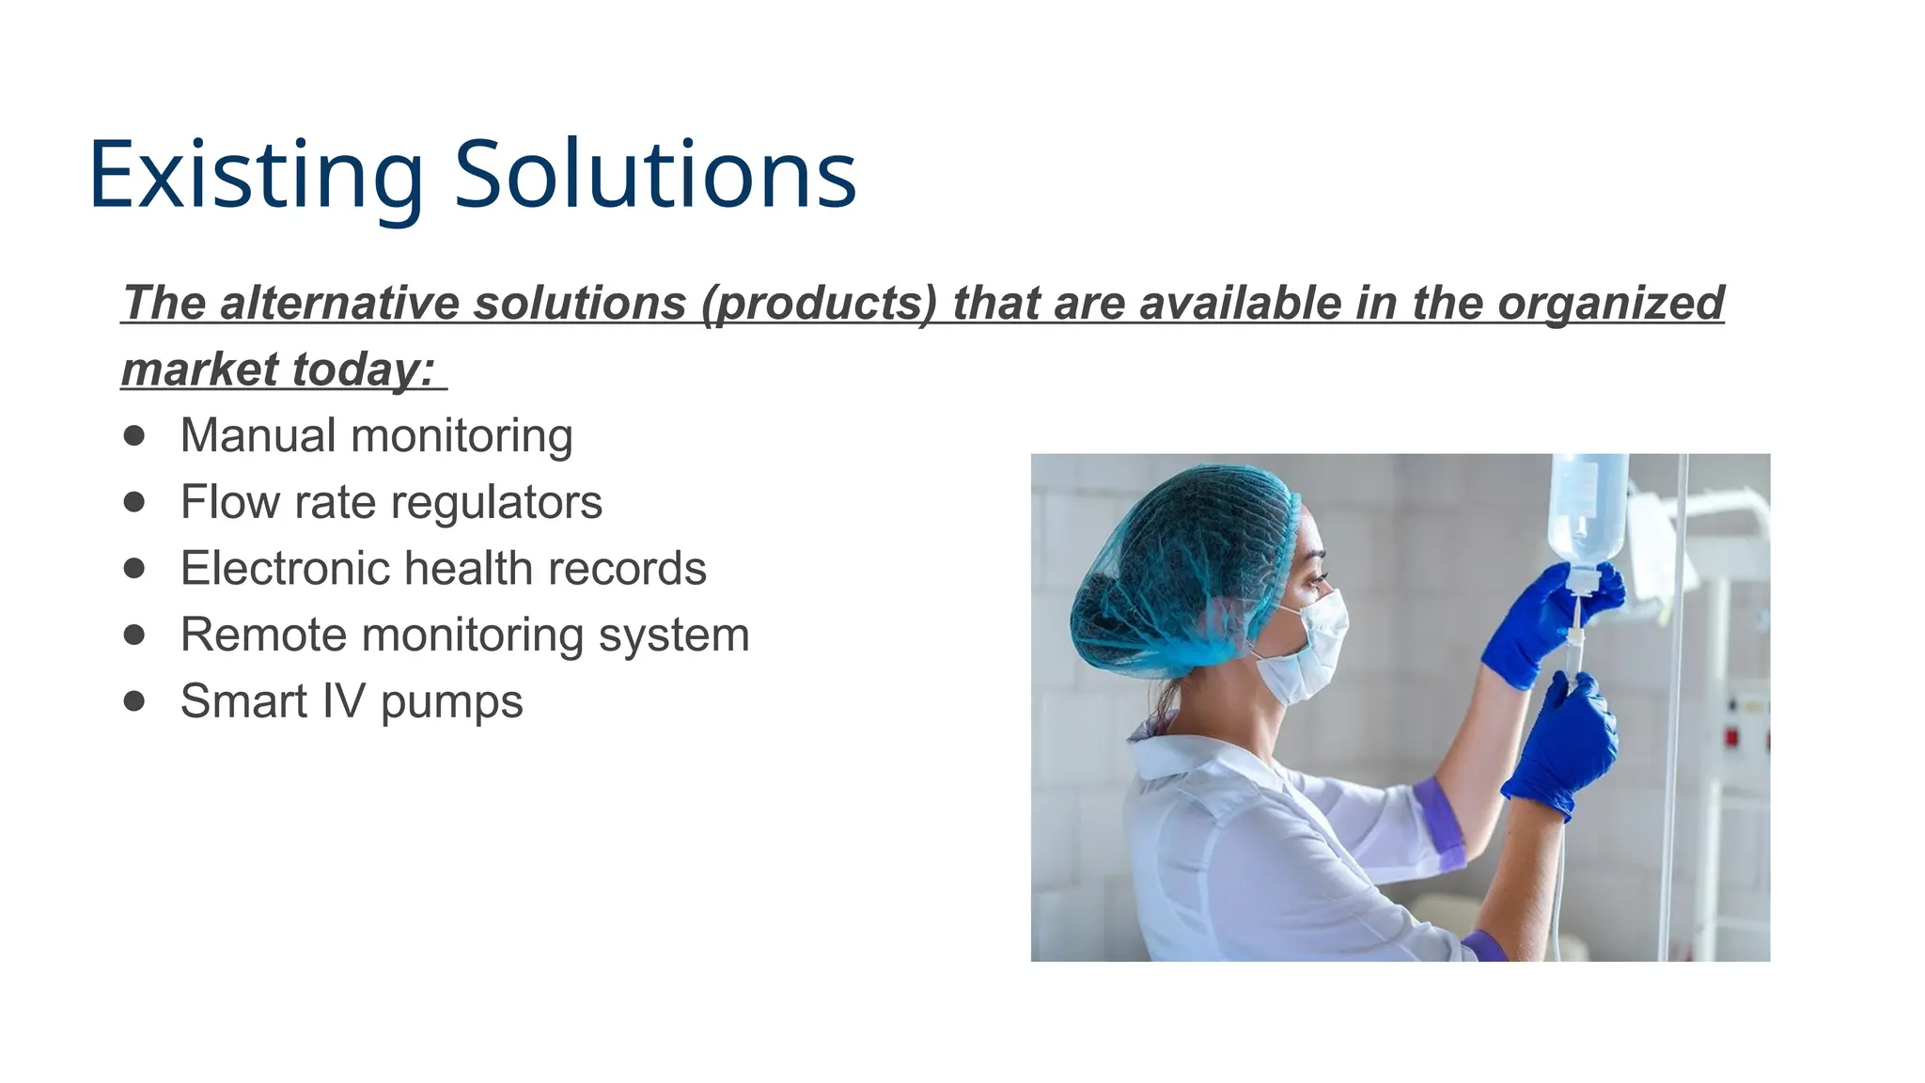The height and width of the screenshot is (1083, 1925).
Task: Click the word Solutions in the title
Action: (655, 177)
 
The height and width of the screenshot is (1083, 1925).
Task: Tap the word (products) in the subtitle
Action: (819, 304)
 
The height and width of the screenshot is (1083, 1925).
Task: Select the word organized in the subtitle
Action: (1610, 304)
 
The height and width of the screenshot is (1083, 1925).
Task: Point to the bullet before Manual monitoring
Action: (134, 435)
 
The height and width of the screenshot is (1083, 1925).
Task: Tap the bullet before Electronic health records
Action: (134, 568)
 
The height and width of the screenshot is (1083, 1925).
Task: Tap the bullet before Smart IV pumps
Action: (134, 701)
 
